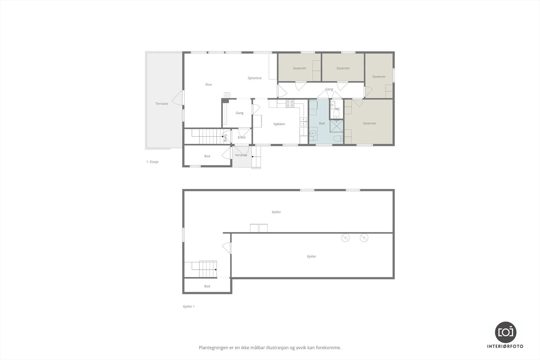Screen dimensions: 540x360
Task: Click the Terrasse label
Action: (162, 104)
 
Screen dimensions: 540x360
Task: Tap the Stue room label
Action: (209, 84)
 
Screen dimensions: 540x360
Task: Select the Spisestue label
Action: (254, 78)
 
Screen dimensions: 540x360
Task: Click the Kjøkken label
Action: (279, 124)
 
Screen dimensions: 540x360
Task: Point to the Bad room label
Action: (322, 123)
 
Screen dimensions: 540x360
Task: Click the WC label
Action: (337, 109)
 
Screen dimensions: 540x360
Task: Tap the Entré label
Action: (242, 137)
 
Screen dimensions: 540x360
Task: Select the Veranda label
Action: (241, 155)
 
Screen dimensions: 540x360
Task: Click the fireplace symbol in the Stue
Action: (227, 94)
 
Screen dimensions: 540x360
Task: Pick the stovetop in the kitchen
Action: (290, 104)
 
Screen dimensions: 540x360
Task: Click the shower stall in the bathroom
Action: (336, 126)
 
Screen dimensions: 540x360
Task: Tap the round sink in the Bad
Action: (313, 133)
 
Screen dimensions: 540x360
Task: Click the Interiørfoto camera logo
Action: (506, 332)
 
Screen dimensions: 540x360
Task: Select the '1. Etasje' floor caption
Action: (152, 162)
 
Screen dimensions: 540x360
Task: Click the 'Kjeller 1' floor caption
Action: (189, 306)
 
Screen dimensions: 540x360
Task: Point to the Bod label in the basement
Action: (207, 286)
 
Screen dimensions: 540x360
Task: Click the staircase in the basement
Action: (204, 269)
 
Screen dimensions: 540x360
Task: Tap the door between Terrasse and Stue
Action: (178, 98)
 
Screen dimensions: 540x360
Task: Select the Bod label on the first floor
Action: (207, 156)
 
